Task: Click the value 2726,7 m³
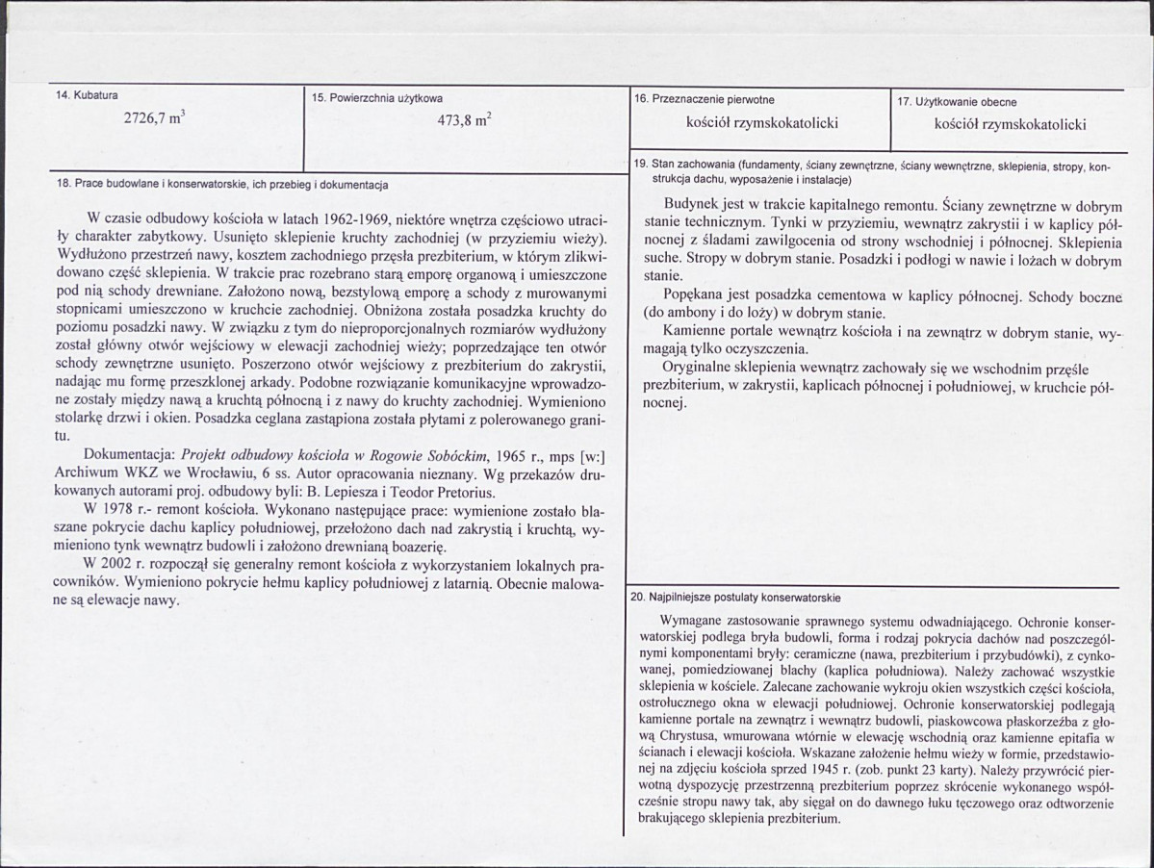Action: pos(155,119)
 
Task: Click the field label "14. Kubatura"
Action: pos(88,95)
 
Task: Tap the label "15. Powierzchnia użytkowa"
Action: pos(377,98)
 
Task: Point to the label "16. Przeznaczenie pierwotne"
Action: pos(703,99)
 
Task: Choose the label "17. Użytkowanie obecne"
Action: pos(957,100)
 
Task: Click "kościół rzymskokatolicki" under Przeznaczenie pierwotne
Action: pos(762,123)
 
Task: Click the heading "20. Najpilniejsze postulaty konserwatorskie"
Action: pos(736,597)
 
